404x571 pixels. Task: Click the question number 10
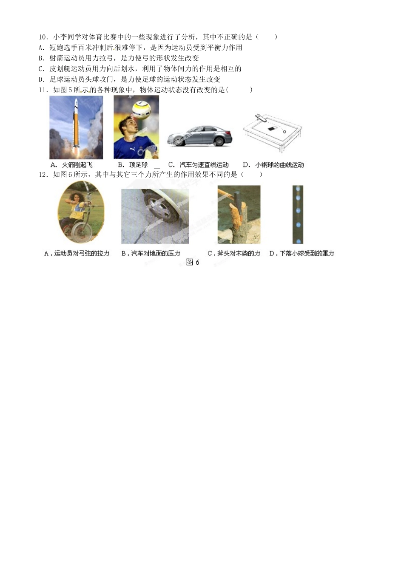click(43, 37)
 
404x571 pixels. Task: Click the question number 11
click(43, 90)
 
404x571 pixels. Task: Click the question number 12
click(43, 175)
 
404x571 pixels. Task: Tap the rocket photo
click(76, 127)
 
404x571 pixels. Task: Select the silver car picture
click(199, 136)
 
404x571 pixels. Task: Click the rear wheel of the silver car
click(219, 141)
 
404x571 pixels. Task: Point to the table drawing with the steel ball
click(273, 133)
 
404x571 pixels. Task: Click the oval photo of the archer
click(81, 212)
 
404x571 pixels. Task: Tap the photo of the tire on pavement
click(155, 216)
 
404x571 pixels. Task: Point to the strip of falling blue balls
click(298, 215)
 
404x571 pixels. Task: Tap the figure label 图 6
click(193, 262)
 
